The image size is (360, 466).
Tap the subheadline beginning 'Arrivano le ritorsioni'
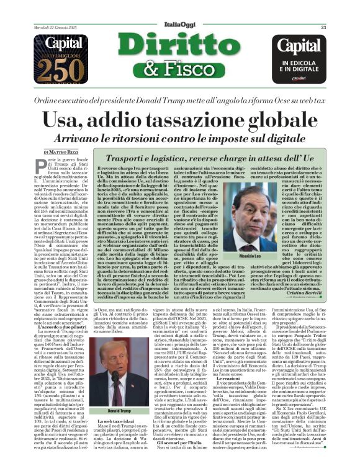pos(179,137)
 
